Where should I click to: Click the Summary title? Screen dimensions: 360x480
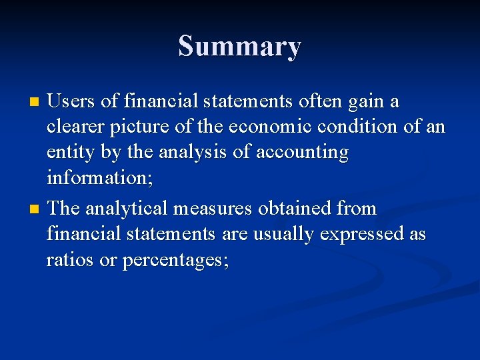point(239,47)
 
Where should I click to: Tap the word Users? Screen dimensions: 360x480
point(75,102)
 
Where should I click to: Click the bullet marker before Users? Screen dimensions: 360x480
point(35,103)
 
